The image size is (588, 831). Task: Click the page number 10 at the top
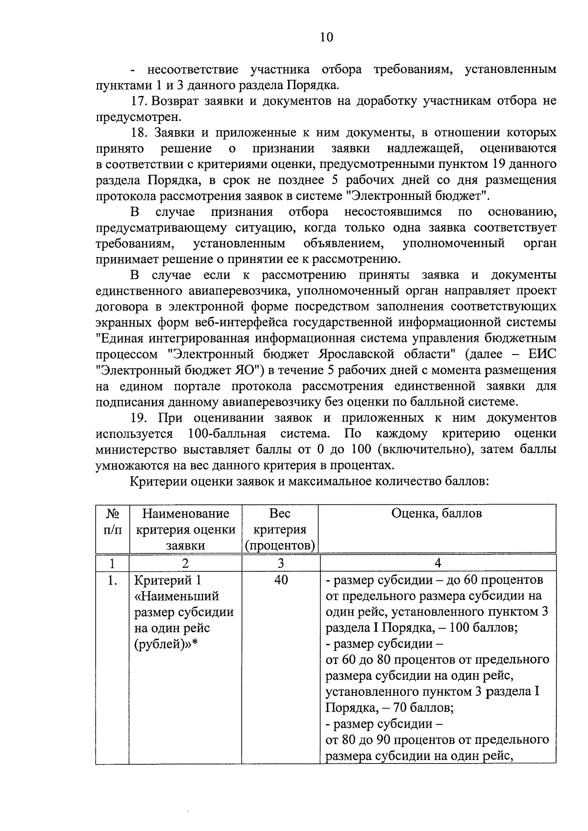pos(326,37)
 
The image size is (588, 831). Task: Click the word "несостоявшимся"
pos(392,212)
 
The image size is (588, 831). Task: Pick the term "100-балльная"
pos(226,434)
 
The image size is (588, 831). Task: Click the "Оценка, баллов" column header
pos(437,513)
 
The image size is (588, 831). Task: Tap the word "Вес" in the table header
pos(280,513)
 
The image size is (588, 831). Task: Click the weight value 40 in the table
pos(281,580)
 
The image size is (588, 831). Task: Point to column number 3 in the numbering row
pos(281,563)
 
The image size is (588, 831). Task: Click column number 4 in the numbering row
pos(438,563)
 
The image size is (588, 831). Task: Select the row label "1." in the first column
pos(112,580)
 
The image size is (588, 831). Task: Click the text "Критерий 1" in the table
pos(168,580)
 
